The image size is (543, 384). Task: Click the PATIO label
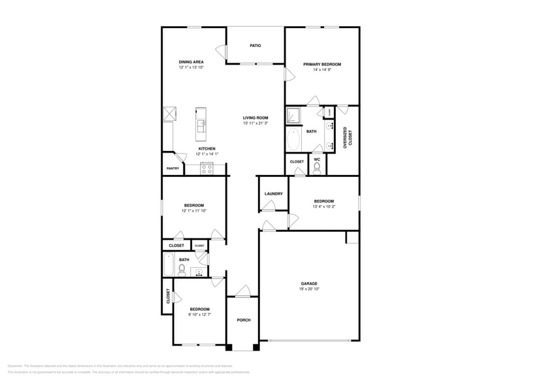(255, 46)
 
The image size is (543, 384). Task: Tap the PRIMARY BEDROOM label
(321, 64)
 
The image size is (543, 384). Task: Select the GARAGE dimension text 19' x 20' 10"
(309, 289)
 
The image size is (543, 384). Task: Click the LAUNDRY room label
(273, 194)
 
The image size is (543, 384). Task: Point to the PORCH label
(243, 320)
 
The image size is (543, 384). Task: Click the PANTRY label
(173, 168)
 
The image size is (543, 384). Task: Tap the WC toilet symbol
(317, 168)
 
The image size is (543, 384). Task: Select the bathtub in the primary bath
(293, 139)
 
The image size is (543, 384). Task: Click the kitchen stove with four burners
(207, 168)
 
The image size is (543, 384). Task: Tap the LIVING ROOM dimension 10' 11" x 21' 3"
(255, 123)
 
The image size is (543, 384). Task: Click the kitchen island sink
(203, 123)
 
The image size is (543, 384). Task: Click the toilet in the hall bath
(184, 269)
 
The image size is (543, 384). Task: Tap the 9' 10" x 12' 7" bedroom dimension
(199, 315)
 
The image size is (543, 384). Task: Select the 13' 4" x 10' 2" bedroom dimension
(323, 206)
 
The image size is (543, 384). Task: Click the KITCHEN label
(206, 148)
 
